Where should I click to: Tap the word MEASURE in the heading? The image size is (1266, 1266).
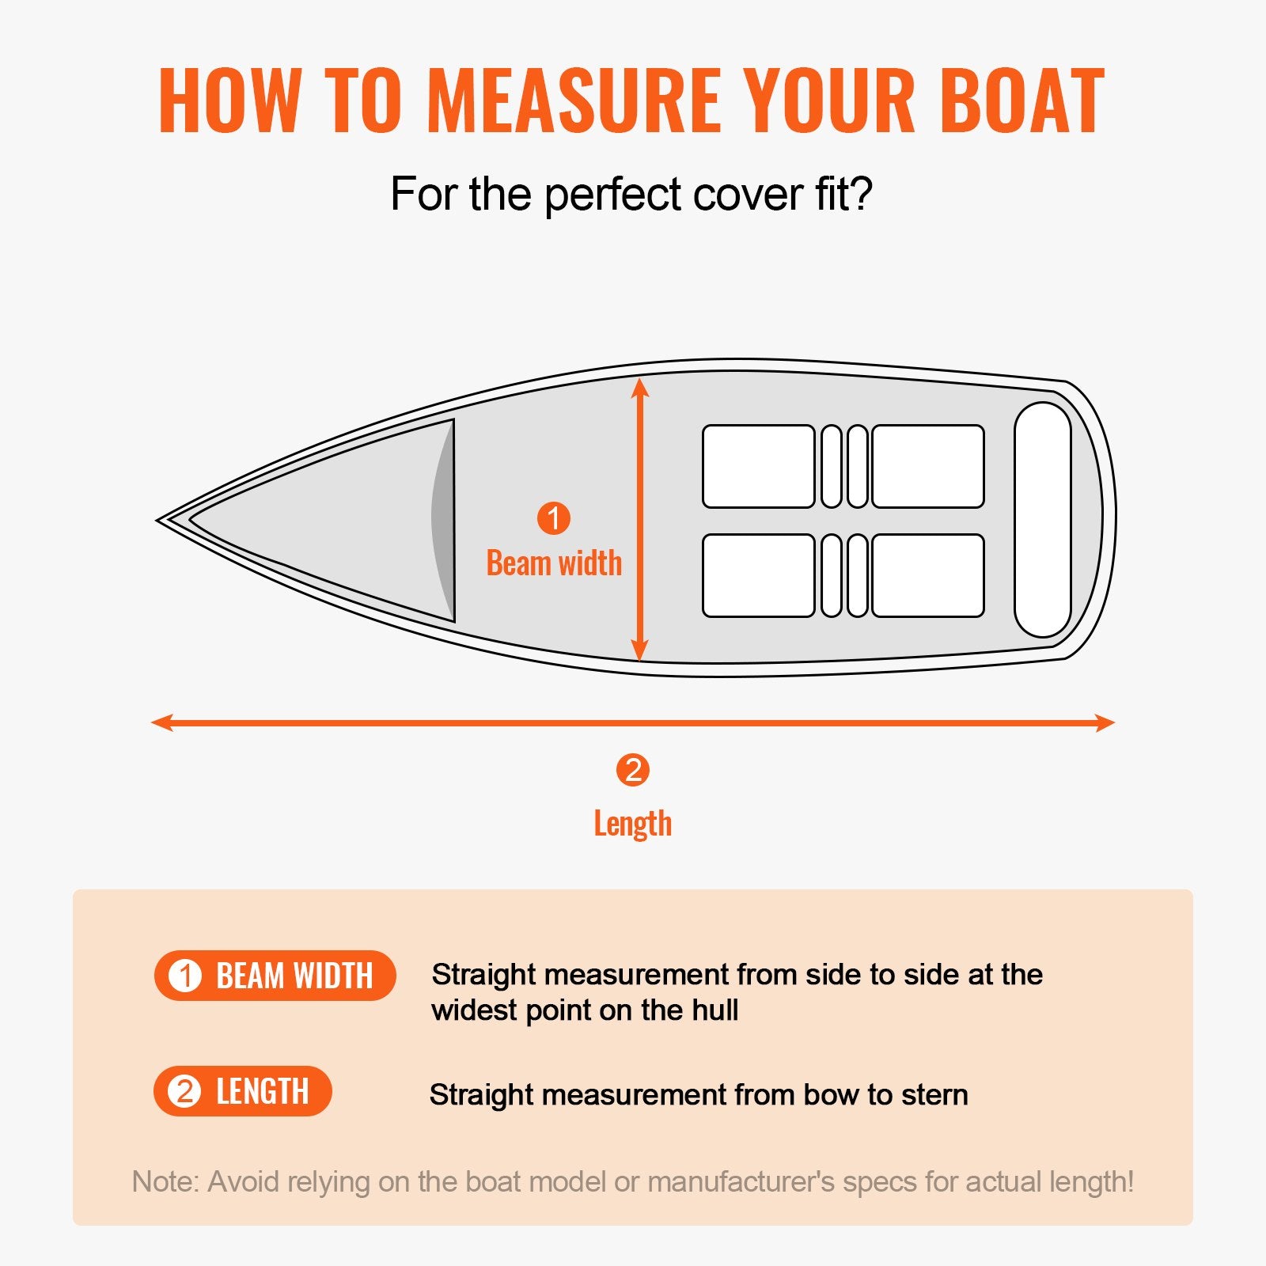(574, 100)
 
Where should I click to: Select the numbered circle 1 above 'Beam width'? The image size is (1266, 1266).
(554, 518)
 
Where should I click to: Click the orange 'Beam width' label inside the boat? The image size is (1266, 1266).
(554, 563)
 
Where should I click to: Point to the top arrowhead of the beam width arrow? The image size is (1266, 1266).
(641, 387)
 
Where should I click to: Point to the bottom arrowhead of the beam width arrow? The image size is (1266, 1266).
(641, 651)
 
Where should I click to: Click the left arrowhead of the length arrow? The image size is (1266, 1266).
(161, 722)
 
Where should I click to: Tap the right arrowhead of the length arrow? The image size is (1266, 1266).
(1105, 722)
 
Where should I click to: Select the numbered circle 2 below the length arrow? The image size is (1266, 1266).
(633, 770)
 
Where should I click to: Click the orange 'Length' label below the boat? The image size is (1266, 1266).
(633, 824)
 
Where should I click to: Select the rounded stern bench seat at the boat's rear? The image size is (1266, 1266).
(1042, 520)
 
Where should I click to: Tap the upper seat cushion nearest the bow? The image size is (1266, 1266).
(758, 466)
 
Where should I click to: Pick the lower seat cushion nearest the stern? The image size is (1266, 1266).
(928, 575)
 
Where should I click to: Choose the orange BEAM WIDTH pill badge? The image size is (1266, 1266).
(275, 976)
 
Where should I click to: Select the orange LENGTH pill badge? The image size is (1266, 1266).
(242, 1091)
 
